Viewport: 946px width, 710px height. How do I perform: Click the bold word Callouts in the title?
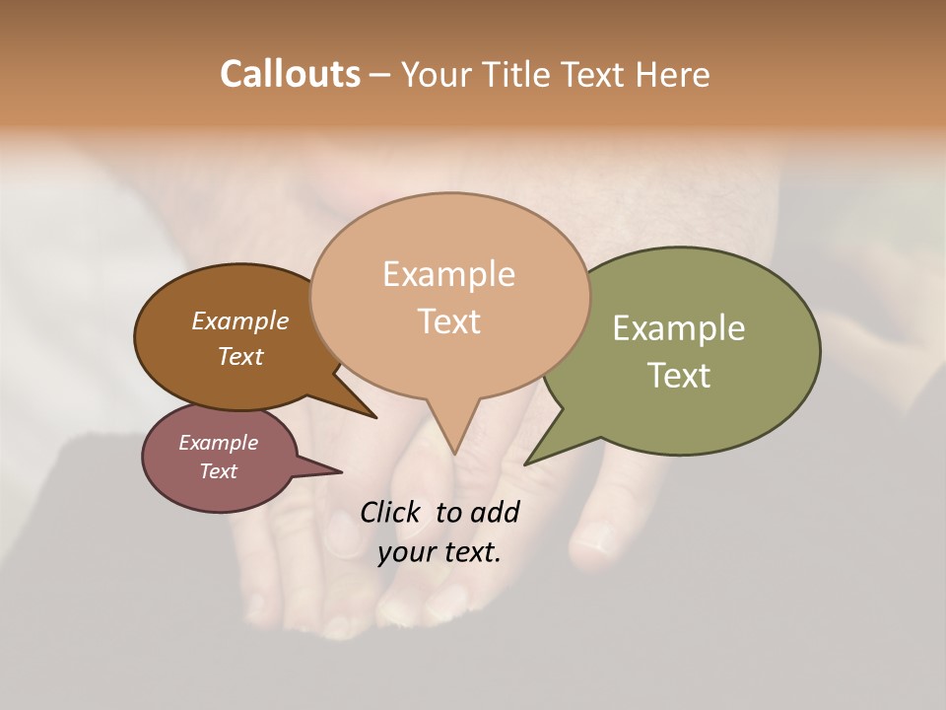tap(290, 74)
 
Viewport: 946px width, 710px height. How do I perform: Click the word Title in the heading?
tap(517, 74)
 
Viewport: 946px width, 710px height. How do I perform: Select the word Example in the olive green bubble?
tap(679, 327)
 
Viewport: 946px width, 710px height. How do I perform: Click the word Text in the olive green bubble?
tap(679, 376)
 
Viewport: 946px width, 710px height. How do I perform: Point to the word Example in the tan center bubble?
tap(448, 273)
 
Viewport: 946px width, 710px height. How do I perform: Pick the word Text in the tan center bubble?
tap(448, 321)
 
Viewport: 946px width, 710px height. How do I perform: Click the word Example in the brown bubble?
tap(239, 320)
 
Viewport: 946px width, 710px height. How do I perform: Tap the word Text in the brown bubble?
tap(239, 356)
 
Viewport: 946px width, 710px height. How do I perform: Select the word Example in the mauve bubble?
tap(218, 443)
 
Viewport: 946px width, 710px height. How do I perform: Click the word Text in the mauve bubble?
tap(218, 471)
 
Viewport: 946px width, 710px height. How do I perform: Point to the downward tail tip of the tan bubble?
tap(454, 452)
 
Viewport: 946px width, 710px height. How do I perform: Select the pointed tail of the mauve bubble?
tap(338, 471)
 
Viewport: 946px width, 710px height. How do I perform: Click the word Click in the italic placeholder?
tap(390, 512)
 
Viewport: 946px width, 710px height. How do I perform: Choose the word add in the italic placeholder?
tap(496, 512)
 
